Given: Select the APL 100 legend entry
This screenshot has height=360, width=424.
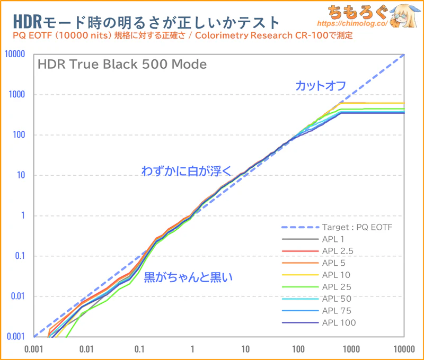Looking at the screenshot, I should point(339,322).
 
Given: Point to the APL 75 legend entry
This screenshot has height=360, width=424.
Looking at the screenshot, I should point(336,311).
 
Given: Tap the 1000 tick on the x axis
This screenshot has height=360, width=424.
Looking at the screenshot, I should point(351,349).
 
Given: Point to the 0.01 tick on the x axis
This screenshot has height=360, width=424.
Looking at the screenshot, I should point(86,349).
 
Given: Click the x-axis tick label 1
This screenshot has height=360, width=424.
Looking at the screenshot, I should point(192,349).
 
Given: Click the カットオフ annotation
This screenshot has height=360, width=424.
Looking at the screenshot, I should point(321,85).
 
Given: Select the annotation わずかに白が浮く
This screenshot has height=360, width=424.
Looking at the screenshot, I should point(186,170).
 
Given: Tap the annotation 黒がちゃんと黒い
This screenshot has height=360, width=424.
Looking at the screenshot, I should point(188,276).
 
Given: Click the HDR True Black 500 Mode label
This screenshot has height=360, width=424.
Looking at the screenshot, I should point(122,65).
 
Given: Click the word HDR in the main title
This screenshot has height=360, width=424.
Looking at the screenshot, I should point(26,22).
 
